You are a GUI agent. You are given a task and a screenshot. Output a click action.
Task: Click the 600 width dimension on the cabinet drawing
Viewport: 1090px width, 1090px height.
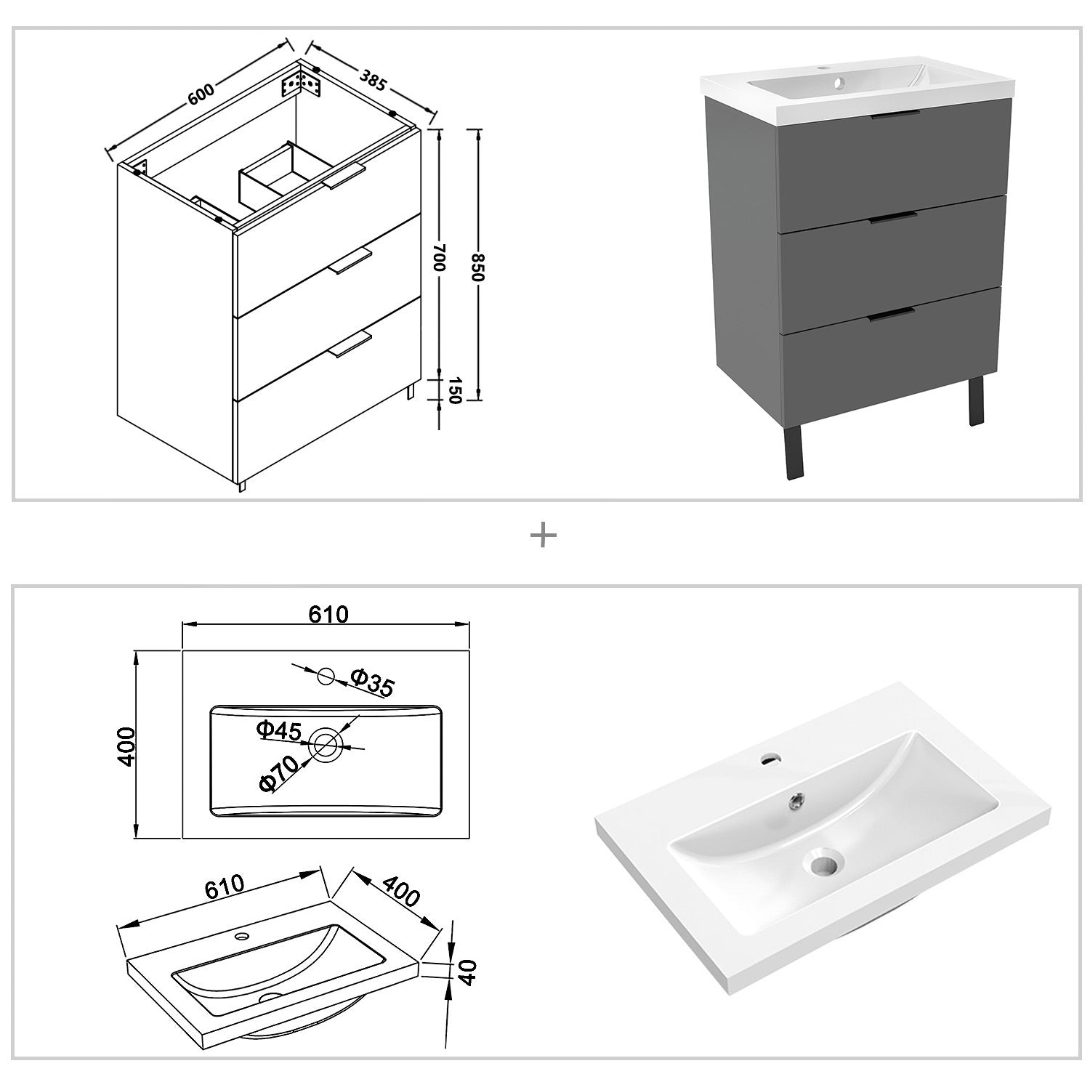(201, 94)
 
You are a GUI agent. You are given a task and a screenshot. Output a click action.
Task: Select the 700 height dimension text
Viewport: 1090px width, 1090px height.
(438, 258)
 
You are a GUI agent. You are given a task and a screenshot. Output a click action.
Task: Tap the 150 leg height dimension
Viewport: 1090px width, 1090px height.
(456, 391)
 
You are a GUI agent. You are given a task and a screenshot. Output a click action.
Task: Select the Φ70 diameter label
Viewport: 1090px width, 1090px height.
(278, 773)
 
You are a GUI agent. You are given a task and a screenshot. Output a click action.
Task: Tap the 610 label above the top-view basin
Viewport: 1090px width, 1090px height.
(328, 614)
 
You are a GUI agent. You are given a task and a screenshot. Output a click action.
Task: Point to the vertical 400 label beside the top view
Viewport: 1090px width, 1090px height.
(126, 746)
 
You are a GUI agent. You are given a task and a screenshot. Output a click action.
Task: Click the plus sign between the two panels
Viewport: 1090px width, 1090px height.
(544, 536)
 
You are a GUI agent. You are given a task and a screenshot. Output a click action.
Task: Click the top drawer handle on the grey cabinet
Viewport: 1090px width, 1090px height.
(889, 114)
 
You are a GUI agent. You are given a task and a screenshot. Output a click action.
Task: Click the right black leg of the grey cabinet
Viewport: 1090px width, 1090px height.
(975, 400)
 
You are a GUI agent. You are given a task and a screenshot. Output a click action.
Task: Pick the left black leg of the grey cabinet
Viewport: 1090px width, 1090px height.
(794, 451)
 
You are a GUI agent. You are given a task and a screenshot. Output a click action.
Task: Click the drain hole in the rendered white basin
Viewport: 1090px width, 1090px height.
(823, 864)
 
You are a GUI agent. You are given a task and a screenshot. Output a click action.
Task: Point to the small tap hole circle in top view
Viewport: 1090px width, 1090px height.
(326, 677)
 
